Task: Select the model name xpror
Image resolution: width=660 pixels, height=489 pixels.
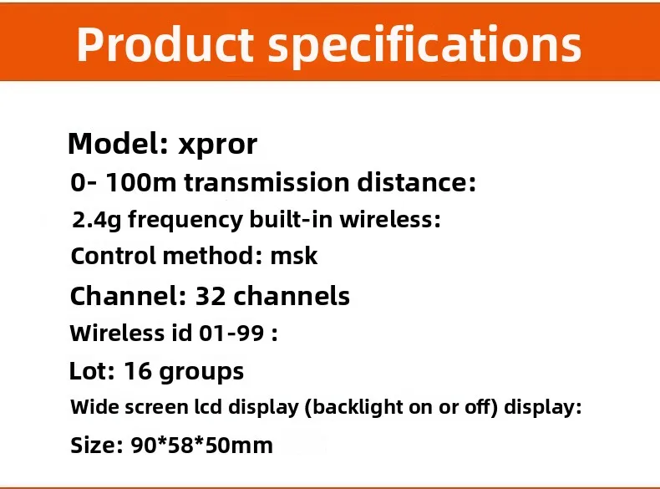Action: coord(218,145)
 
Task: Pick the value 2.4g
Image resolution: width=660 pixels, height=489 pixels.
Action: coord(97,221)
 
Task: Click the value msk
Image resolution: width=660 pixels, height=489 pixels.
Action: coord(294,256)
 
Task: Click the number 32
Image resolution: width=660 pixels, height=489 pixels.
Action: coord(209,296)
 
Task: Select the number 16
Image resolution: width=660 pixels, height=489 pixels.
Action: coord(138,370)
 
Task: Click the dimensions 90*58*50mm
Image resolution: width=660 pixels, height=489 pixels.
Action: coord(202,446)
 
